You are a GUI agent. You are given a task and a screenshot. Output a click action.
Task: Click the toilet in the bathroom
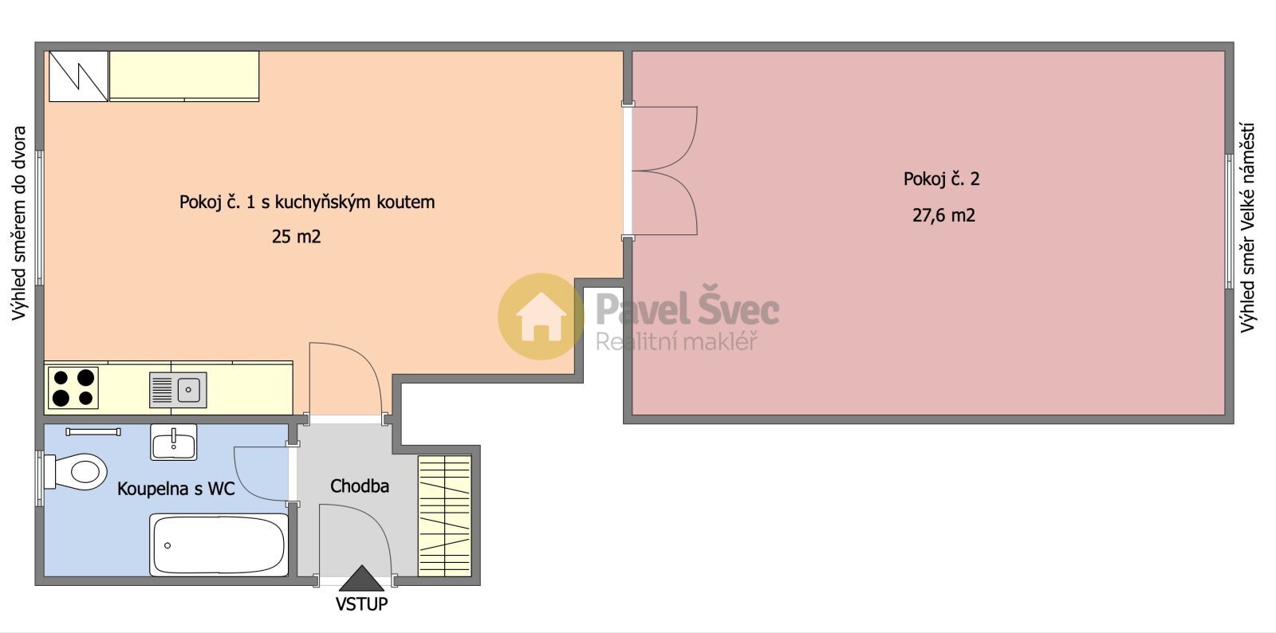click(77, 472)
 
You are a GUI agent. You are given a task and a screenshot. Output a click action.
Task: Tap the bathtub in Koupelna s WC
click(219, 545)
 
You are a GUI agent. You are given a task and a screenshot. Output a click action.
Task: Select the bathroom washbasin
click(174, 442)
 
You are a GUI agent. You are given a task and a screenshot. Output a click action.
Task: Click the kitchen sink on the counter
click(178, 390)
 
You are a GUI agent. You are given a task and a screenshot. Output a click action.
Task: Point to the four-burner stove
click(73, 387)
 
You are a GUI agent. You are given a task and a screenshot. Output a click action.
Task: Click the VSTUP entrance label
click(362, 604)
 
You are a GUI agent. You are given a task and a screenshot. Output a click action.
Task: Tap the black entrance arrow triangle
click(362, 578)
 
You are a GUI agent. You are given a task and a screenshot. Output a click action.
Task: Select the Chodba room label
click(360, 486)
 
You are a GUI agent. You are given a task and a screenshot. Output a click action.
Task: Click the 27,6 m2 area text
click(944, 215)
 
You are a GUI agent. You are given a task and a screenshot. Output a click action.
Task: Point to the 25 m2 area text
click(296, 236)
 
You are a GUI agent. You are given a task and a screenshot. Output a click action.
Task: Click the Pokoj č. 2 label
click(942, 179)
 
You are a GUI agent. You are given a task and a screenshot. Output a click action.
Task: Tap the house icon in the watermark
click(541, 316)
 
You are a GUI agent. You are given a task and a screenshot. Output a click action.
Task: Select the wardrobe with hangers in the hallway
click(445, 516)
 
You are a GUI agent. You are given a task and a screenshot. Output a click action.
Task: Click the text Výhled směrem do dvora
click(19, 223)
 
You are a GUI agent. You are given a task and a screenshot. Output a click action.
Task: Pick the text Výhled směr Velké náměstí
click(1248, 228)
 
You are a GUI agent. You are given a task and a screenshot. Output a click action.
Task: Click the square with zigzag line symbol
click(79, 77)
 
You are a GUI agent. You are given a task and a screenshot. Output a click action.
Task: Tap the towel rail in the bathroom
click(93, 432)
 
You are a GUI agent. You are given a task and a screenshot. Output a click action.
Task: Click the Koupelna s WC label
click(176, 489)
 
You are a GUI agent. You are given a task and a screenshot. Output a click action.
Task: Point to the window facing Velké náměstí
click(1229, 222)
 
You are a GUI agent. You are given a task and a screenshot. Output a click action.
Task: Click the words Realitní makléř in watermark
click(676, 342)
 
